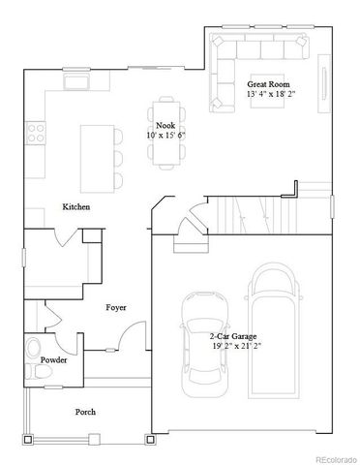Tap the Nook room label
click(165, 126)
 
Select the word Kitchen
click(77, 207)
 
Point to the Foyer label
click(116, 307)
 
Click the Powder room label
click(53, 359)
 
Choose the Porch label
click(86, 412)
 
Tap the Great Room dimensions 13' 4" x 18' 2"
click(270, 95)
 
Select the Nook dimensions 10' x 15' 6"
click(165, 136)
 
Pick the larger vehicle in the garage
click(274, 325)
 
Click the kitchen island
click(97, 154)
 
